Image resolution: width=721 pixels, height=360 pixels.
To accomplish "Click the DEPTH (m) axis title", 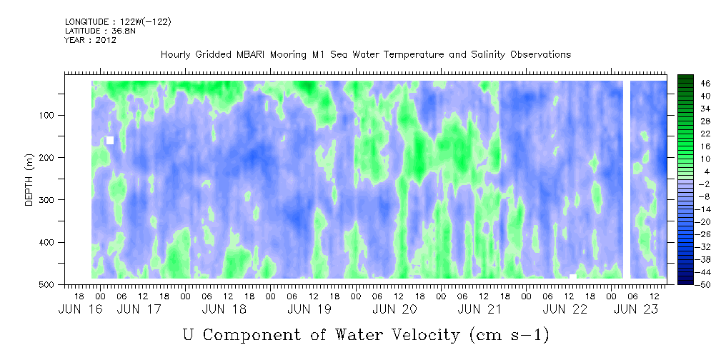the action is (x=29, y=183).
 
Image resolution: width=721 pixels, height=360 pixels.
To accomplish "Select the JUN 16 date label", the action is (x=77, y=309).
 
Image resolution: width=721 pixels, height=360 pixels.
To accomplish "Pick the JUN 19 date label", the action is (x=309, y=309).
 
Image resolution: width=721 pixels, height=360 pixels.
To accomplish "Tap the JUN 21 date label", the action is (x=479, y=309).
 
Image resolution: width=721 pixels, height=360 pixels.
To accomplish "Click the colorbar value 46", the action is (x=693, y=84).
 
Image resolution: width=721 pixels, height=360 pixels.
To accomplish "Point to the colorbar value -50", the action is (x=691, y=284).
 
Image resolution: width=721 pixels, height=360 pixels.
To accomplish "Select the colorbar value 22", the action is (x=693, y=136).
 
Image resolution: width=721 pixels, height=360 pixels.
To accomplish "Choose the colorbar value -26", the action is (x=691, y=234).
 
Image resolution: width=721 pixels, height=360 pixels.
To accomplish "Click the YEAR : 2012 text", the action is (x=91, y=40).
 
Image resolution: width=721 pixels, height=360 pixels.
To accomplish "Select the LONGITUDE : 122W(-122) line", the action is (x=118, y=21).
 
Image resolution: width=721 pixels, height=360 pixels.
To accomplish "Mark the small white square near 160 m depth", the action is (x=110, y=140).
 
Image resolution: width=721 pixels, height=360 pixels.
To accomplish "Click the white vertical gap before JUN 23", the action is (x=626, y=179).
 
